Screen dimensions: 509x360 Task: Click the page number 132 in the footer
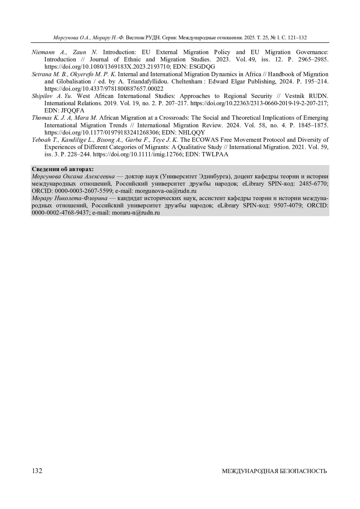(x=37, y=471)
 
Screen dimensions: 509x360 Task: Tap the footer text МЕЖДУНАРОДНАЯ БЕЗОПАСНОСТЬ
(x=274, y=471)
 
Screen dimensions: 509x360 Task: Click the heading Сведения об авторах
(x=63, y=169)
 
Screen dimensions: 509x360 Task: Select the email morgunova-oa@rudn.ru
(x=166, y=191)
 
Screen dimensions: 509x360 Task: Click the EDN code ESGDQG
(x=202, y=67)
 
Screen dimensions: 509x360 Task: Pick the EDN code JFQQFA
(x=73, y=111)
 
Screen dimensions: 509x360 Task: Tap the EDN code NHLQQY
(x=192, y=132)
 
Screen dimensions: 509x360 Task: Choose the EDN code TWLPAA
(x=215, y=154)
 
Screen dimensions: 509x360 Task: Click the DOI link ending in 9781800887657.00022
(x=104, y=89)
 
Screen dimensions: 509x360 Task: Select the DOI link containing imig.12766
(x=137, y=154)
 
